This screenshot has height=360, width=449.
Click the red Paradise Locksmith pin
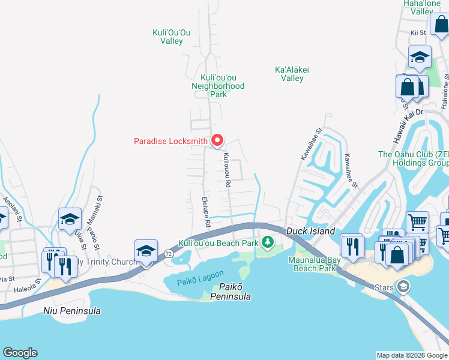[x=217, y=140]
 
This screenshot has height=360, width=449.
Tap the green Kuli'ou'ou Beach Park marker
[x=268, y=242]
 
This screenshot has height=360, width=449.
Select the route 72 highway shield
[x=169, y=254]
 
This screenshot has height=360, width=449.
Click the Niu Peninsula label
[x=72, y=311]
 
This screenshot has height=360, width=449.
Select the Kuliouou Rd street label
[x=227, y=170]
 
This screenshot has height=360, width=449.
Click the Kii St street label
[x=418, y=33]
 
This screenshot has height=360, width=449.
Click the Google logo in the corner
[x=20, y=353]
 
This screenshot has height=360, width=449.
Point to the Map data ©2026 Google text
[x=412, y=355]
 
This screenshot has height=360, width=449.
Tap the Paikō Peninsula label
[x=226, y=292]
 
